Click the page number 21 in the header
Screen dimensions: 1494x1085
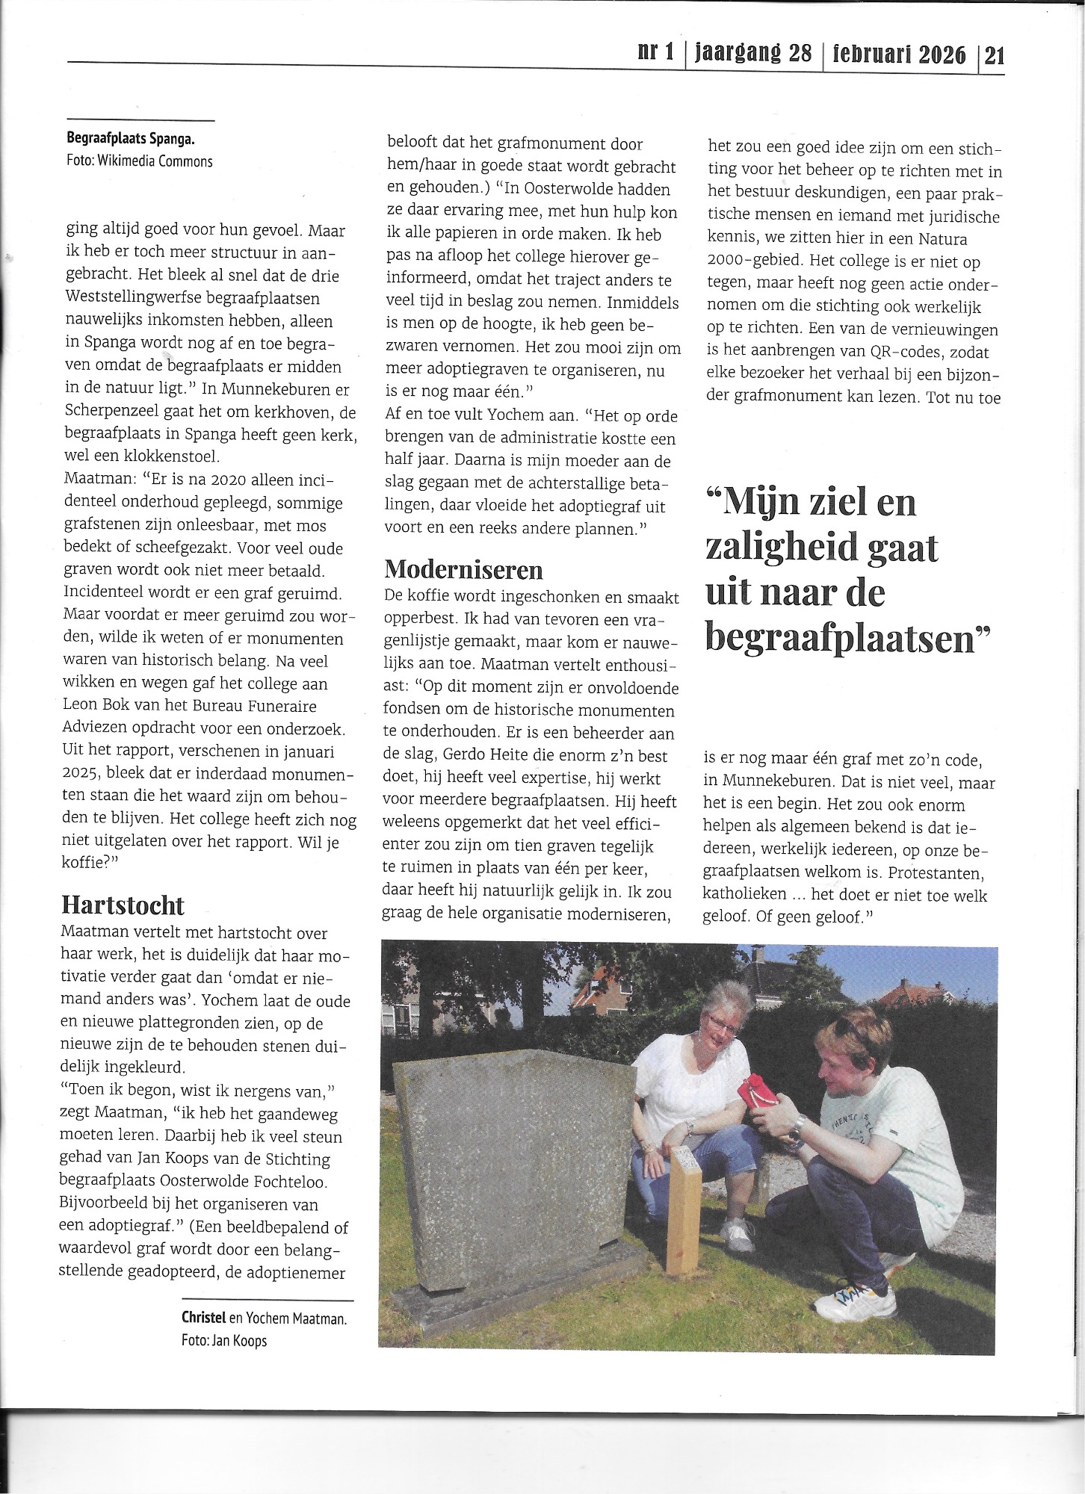994,55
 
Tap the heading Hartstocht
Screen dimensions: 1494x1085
123,905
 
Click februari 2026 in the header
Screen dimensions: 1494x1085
897,55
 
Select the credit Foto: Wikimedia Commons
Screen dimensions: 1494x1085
140,161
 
